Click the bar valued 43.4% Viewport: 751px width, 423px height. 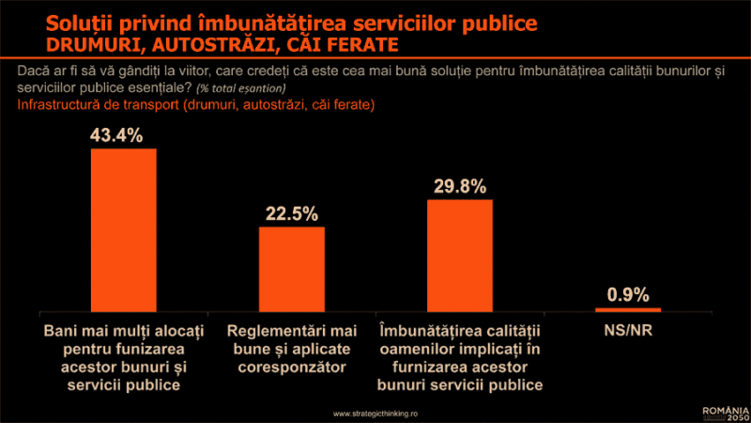click(x=123, y=230)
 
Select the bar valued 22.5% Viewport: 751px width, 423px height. click(x=291, y=269)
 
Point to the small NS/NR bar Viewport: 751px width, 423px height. click(x=628, y=309)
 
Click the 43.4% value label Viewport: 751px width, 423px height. click(x=116, y=135)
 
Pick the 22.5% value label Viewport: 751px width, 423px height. click(x=287, y=213)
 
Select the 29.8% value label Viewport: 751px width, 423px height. click(x=460, y=185)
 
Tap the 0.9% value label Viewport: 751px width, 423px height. click(x=628, y=294)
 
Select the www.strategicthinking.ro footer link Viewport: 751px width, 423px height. click(x=375, y=413)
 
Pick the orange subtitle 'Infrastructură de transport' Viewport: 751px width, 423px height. click(x=196, y=104)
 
